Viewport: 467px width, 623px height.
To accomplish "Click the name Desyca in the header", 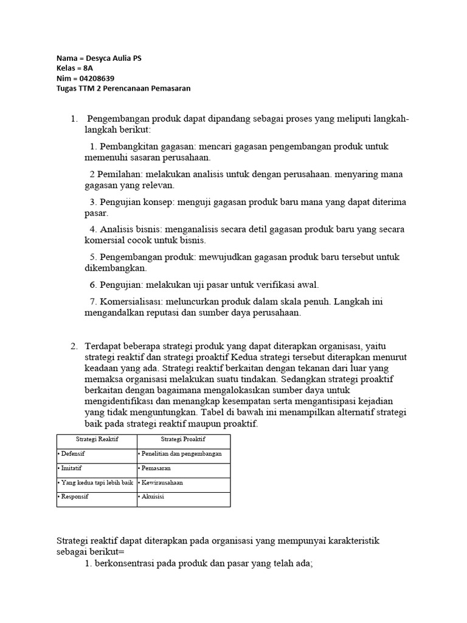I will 99,58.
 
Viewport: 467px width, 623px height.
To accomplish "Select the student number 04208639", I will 95,78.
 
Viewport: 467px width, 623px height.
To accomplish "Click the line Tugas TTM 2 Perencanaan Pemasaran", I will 123,88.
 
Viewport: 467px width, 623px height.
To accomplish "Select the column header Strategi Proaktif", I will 183,439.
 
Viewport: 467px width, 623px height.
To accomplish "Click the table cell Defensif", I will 73,454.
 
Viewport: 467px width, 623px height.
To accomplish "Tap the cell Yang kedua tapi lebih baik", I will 95,482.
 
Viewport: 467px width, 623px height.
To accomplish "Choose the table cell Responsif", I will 74,497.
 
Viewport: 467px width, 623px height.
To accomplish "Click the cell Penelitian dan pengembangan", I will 181,454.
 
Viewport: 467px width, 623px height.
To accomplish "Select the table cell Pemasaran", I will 157,468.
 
